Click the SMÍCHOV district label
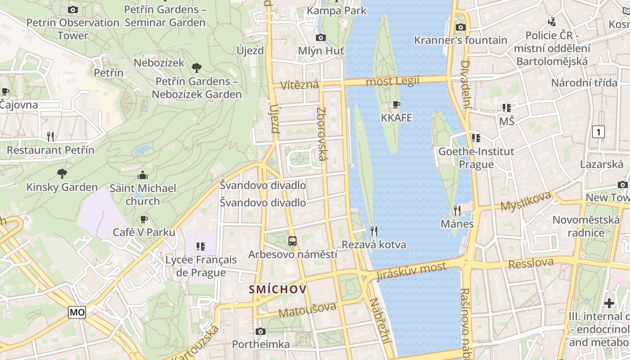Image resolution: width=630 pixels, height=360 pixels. point(278,289)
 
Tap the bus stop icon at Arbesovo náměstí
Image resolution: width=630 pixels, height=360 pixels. point(292,241)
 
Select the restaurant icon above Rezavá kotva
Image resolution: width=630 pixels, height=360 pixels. point(374,231)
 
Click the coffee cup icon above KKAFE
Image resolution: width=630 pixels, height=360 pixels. point(396,105)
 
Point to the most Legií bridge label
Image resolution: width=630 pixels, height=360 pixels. point(392,81)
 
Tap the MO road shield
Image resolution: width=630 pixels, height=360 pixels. point(77,312)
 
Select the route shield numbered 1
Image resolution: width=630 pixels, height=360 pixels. point(598,132)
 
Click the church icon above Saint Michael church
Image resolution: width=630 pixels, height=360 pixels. point(143,175)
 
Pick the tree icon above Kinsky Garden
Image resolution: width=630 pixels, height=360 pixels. point(62,174)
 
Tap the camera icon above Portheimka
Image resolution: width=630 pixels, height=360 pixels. point(261,332)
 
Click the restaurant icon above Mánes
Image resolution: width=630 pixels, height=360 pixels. point(457,211)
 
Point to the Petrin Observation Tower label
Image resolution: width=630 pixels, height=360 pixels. point(73,29)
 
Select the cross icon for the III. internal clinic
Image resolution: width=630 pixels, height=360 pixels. point(609,303)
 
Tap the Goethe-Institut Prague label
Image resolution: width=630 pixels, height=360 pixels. point(476,158)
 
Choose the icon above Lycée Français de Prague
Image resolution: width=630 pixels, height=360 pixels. point(201,247)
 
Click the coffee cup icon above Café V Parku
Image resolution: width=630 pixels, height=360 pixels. point(144,220)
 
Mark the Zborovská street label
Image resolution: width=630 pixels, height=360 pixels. point(321,134)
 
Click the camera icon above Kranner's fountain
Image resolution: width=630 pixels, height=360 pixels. point(460,27)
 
